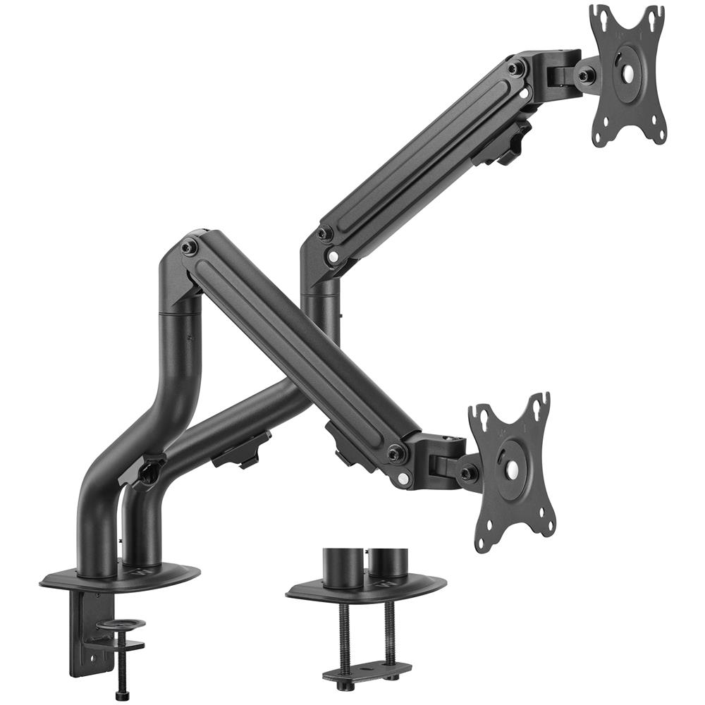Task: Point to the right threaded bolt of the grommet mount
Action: tap(390, 632)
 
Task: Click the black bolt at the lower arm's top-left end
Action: tap(189, 247)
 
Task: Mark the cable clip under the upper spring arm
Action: tap(502, 145)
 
